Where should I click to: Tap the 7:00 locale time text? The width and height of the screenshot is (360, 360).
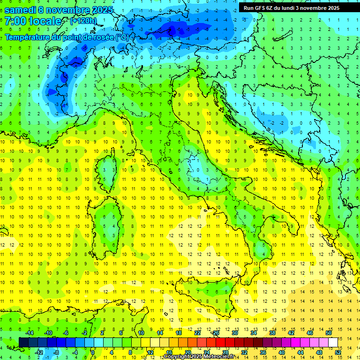[33, 21]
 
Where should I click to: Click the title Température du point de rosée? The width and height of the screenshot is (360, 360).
[67, 37]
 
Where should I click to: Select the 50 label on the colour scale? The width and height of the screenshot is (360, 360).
[328, 332]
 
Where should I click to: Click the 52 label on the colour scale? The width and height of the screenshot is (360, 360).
[337, 352]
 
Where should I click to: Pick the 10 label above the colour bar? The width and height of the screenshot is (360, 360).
[141, 332]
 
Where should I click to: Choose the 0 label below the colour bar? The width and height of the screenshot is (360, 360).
[92, 352]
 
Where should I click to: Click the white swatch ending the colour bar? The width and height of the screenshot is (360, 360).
[333, 342]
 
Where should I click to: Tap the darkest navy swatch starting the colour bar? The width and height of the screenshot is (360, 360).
[24, 342]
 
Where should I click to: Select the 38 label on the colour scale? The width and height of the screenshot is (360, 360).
[272, 332]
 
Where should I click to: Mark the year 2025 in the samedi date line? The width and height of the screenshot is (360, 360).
[99, 10]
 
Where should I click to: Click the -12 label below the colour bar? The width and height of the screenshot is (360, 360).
[39, 352]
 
